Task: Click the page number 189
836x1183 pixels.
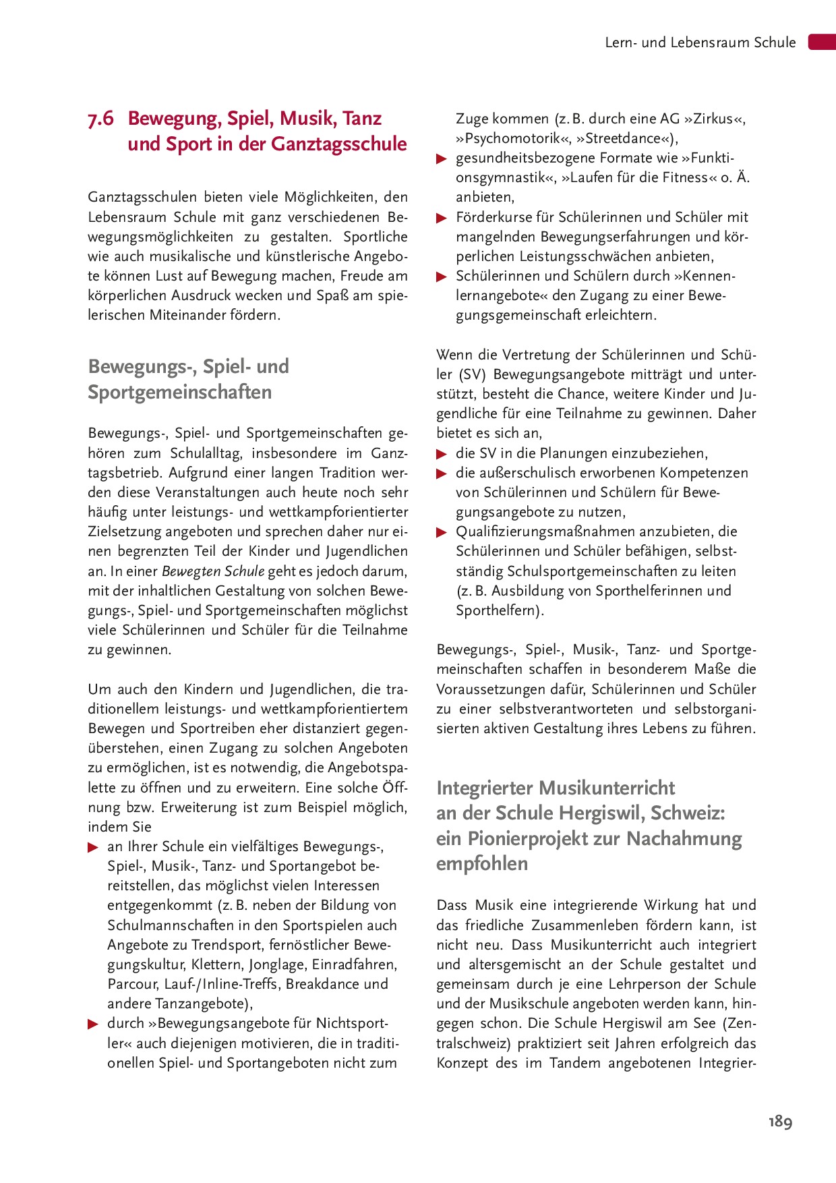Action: [780, 1122]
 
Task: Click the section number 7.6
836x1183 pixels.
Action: [101, 119]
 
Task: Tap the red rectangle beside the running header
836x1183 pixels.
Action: [822, 42]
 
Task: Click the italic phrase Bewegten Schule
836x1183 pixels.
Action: [213, 571]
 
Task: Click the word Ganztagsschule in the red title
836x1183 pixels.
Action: [339, 144]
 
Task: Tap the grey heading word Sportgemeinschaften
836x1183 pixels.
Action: [180, 392]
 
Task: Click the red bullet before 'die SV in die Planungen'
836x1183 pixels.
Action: [442, 454]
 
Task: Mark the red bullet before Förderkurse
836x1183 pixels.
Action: [442, 218]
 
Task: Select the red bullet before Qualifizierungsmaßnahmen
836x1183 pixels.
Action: [442, 532]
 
